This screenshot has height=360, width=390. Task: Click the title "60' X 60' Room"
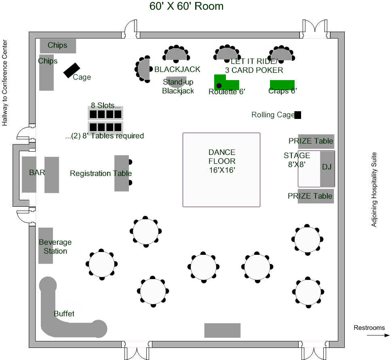186,6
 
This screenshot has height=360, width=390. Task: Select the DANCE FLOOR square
221,169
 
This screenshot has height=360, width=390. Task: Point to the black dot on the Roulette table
219,86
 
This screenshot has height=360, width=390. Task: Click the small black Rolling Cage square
298,115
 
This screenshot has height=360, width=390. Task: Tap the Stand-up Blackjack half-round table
177,81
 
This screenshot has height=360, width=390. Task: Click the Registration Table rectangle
121,173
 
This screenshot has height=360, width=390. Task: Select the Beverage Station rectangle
46,246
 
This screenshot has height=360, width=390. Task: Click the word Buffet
64,314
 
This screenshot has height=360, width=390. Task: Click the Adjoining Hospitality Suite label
374,189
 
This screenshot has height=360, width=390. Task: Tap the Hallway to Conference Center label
5,83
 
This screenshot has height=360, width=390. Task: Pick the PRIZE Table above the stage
316,141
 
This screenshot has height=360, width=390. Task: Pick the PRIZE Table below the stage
316,196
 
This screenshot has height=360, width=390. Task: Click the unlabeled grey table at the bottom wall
222,330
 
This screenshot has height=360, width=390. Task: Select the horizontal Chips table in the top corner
58,46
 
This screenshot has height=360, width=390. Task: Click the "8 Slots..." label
106,106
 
